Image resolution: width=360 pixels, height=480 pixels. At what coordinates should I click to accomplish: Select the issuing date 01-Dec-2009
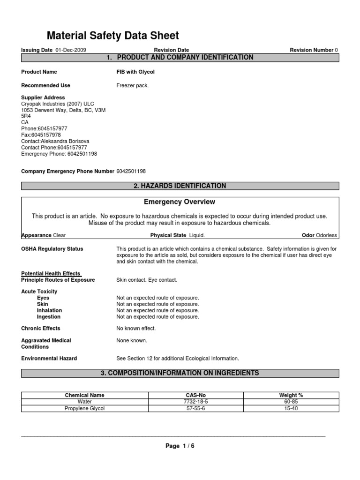tap(70, 50)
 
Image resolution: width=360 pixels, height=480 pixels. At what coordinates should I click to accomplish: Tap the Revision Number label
tap(311, 50)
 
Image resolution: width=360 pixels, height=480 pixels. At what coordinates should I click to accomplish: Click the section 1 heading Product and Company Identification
tap(180, 58)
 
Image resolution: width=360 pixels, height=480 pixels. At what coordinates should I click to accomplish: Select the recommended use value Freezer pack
tap(133, 85)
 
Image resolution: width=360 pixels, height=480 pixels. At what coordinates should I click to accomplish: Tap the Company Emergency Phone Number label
tap(68, 172)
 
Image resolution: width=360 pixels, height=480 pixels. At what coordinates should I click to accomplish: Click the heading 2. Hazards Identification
tap(180, 186)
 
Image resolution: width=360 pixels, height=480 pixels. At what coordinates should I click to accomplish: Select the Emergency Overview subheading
tap(180, 202)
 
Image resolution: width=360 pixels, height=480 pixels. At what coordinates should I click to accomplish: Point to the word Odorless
tap(326, 235)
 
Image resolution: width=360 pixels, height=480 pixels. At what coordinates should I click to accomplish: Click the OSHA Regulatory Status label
tap(52, 249)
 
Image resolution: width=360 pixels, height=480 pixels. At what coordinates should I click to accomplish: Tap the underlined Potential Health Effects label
tap(51, 273)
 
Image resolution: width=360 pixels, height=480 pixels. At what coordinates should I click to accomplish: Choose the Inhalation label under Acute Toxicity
tap(49, 310)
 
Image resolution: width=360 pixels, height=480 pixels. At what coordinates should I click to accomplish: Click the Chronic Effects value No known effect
tap(136, 329)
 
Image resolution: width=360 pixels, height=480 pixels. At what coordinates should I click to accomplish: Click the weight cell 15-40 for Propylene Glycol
tap(291, 408)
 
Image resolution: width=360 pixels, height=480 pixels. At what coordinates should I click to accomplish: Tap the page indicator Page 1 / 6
tap(180, 446)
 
